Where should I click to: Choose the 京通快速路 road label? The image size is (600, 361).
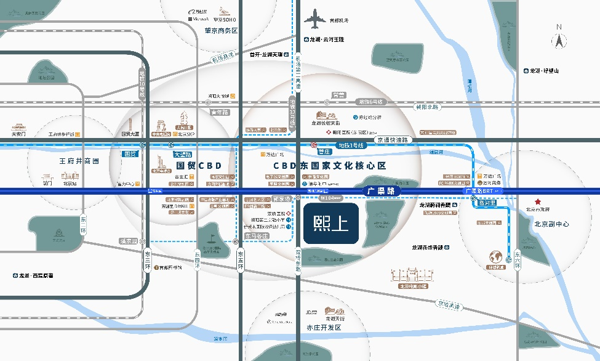(x=393, y=140)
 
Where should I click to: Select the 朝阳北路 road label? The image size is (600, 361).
(x=427, y=107)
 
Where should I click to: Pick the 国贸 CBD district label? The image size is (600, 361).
(x=199, y=166)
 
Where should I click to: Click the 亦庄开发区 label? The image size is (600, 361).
(x=324, y=328)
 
